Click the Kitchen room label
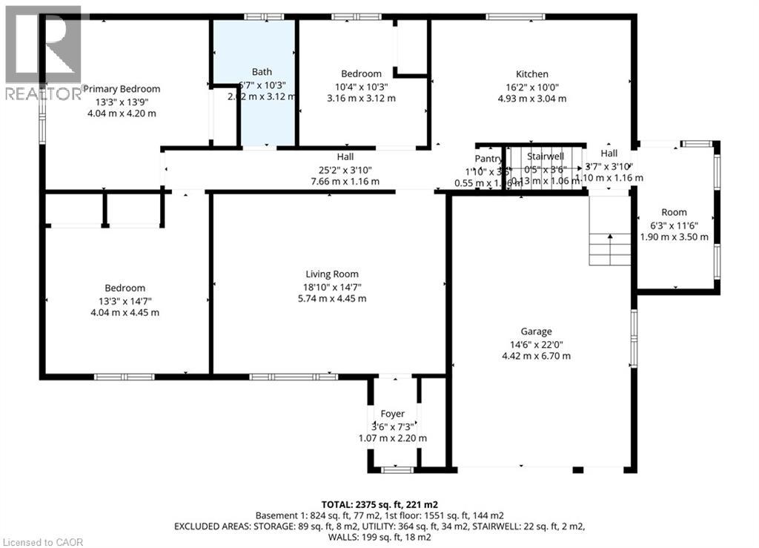[532, 74]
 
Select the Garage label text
[536, 332]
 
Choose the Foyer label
[393, 414]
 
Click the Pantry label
[488, 159]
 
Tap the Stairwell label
[546, 156]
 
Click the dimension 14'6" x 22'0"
[536, 344]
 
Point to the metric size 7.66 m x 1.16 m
[345, 182]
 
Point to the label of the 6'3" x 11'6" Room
[674, 212]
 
